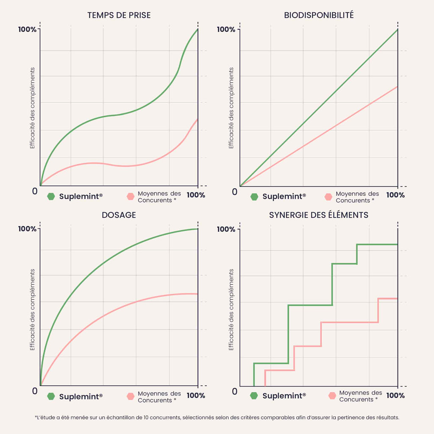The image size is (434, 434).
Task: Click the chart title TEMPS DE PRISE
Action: [x=119, y=16]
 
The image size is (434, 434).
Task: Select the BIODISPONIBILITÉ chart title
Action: [x=319, y=16]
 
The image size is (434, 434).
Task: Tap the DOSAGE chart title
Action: [x=119, y=215]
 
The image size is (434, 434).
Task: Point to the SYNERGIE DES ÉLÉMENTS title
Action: [x=319, y=215]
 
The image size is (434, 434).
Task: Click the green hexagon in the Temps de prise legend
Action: [x=51, y=196]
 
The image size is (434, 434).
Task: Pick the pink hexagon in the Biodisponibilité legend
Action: [x=328, y=197]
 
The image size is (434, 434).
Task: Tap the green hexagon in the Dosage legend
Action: [x=51, y=396]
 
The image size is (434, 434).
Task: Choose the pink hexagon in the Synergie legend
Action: [x=332, y=396]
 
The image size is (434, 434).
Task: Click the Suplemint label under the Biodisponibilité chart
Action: [x=284, y=197]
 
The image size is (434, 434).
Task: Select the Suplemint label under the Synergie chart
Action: [x=284, y=396]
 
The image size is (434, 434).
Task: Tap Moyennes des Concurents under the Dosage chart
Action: [x=159, y=397]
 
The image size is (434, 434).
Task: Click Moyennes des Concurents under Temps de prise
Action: [x=159, y=197]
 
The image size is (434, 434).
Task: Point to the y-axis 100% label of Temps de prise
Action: [x=27, y=30]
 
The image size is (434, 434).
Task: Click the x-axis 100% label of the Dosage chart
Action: [x=196, y=395]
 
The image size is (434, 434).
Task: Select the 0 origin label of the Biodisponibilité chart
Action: [x=234, y=192]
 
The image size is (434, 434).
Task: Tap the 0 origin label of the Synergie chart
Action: [x=234, y=391]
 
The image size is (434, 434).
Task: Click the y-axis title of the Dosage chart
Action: [x=32, y=310]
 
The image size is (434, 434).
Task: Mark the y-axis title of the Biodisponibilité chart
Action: [x=231, y=108]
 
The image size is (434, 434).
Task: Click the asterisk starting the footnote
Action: [x=36, y=417]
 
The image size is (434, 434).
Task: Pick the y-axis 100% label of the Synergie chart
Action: [x=226, y=229]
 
